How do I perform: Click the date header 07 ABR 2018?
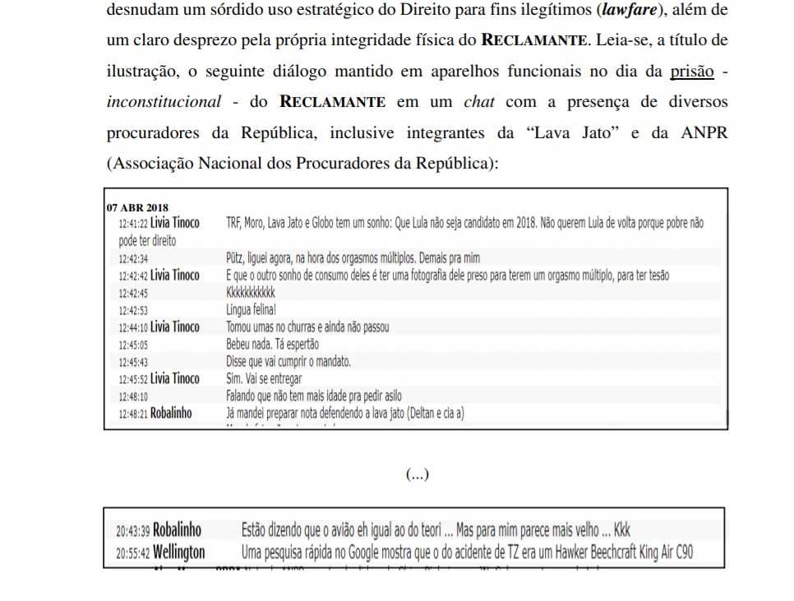click(138, 207)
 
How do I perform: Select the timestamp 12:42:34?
click(132, 259)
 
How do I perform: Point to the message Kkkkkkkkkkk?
click(251, 292)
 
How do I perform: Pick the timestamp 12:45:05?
click(132, 344)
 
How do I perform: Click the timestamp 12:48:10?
click(132, 396)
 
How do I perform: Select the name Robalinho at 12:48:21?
click(172, 413)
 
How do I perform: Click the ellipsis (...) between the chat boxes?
click(417, 474)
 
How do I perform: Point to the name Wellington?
click(179, 552)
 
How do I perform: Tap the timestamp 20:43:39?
click(132, 529)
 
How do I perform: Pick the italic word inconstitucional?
click(164, 102)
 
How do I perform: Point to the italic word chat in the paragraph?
click(479, 102)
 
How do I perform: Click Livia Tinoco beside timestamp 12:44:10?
click(175, 327)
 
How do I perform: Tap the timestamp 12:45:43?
click(132, 362)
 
